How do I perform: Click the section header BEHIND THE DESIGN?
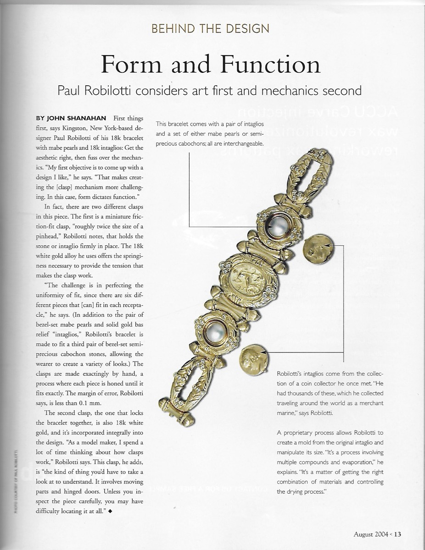pos(210,28)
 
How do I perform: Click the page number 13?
pos(397,533)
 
